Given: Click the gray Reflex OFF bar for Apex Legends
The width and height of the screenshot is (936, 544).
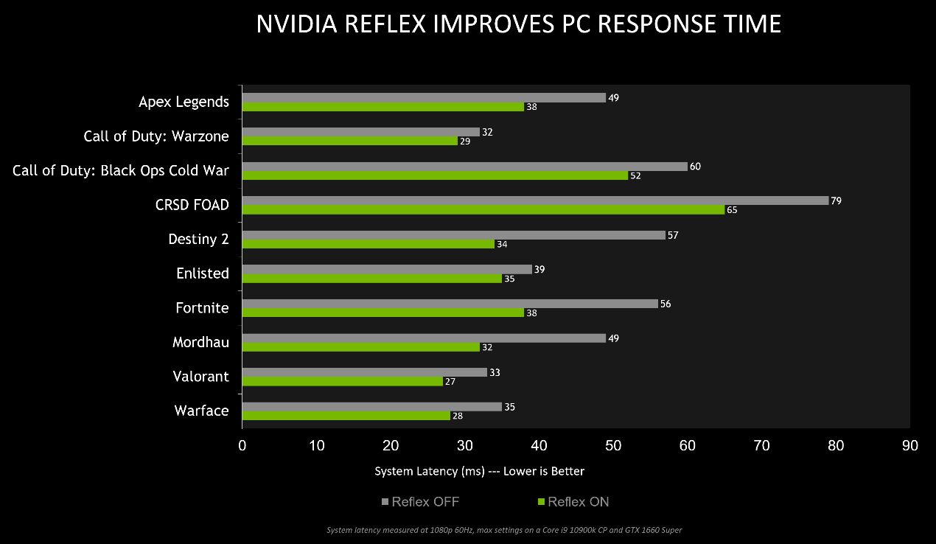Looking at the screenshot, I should tap(424, 97).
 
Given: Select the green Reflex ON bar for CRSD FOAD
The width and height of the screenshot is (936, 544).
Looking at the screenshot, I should tap(483, 210).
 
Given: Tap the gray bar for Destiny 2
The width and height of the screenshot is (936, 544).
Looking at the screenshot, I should tap(453, 235).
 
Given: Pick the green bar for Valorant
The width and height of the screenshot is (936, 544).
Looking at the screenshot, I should tap(343, 381).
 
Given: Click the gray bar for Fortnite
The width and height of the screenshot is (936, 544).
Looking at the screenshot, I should tap(450, 304).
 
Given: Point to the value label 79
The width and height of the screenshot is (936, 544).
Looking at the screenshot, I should tap(836, 200).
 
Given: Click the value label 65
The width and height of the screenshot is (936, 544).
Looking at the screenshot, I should tap(732, 210).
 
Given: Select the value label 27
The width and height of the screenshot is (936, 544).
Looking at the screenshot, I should tap(450, 382).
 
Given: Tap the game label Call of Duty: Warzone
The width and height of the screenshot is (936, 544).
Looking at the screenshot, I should tap(156, 136).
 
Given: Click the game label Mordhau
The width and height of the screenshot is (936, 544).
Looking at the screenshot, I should tap(200, 342).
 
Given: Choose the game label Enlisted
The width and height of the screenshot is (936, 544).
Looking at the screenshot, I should tap(202, 273).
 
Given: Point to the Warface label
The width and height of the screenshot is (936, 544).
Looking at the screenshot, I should tap(201, 411).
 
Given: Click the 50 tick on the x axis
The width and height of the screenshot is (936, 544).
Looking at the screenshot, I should tap(613, 445).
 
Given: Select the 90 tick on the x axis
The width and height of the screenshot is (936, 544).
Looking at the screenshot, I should tap(910, 445).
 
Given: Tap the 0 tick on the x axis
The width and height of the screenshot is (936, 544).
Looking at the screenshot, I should tap(242, 445).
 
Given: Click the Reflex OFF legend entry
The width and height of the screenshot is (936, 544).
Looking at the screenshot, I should tap(420, 502).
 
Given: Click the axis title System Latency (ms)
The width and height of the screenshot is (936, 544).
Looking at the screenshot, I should tap(479, 471).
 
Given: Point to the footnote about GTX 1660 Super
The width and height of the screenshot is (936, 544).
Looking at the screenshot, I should tap(504, 529).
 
